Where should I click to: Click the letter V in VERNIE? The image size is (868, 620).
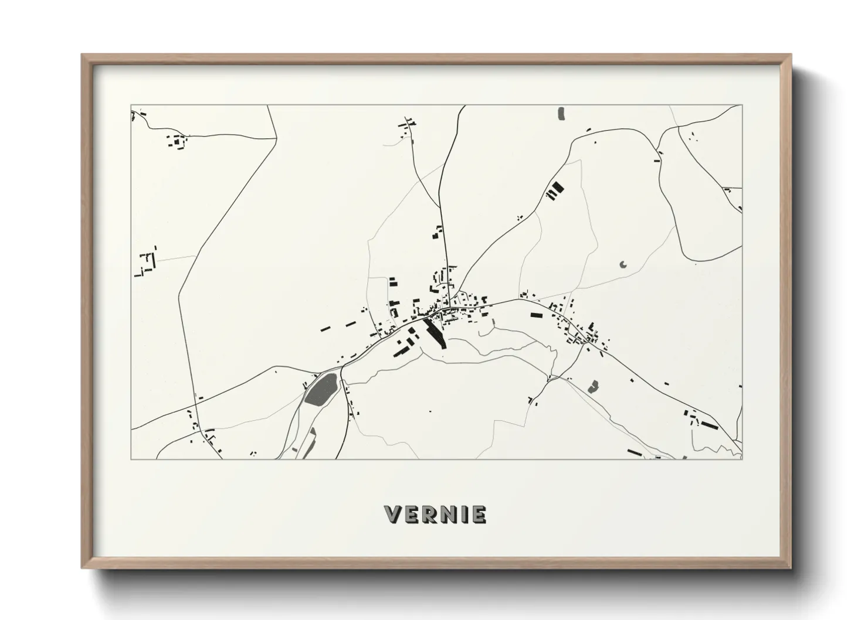tap(392, 515)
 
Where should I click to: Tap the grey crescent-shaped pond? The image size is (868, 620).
tap(622, 264)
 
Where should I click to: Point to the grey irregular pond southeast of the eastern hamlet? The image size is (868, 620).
tap(594, 386)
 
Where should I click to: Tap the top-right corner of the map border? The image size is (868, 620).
tap(742, 105)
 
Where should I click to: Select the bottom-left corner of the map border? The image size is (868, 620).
tap(131, 459)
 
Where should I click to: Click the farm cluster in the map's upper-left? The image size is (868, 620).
tap(178, 141)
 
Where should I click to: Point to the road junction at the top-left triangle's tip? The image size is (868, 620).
tap(276, 139)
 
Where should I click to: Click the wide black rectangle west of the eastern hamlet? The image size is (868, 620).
tap(536, 315)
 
